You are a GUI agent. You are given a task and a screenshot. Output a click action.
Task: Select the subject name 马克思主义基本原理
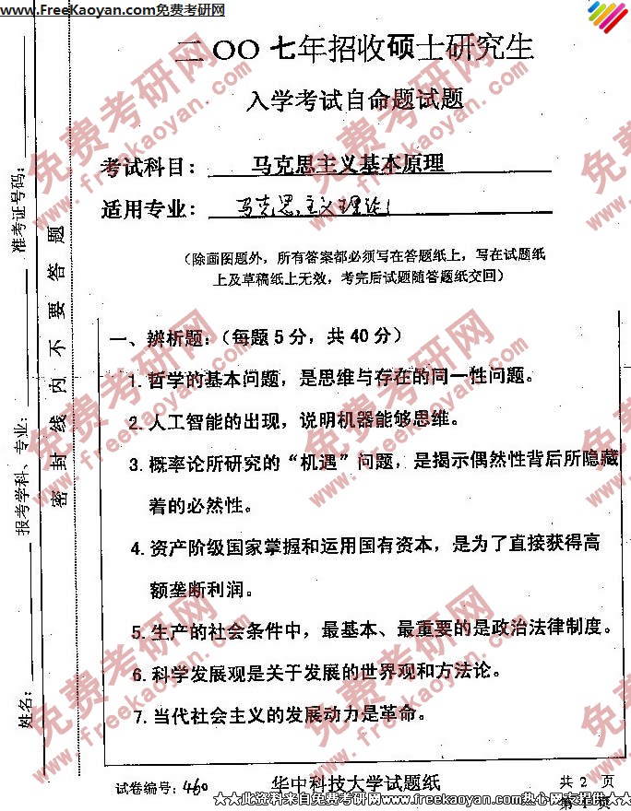click(x=349, y=164)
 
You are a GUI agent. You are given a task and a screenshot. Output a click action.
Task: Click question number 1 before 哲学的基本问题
click(x=134, y=380)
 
